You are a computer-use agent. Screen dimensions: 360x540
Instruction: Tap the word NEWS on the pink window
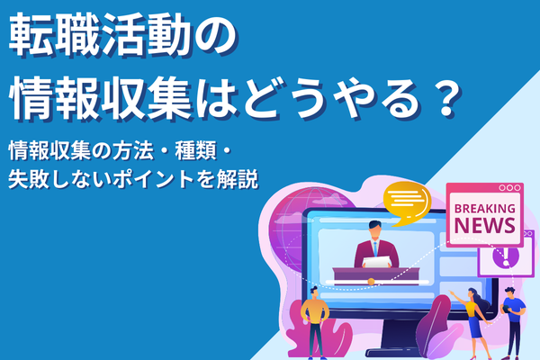click(484, 226)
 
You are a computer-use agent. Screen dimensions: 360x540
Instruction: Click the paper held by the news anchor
click(379, 261)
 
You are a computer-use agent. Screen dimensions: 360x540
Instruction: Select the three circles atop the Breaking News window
click(509, 188)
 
